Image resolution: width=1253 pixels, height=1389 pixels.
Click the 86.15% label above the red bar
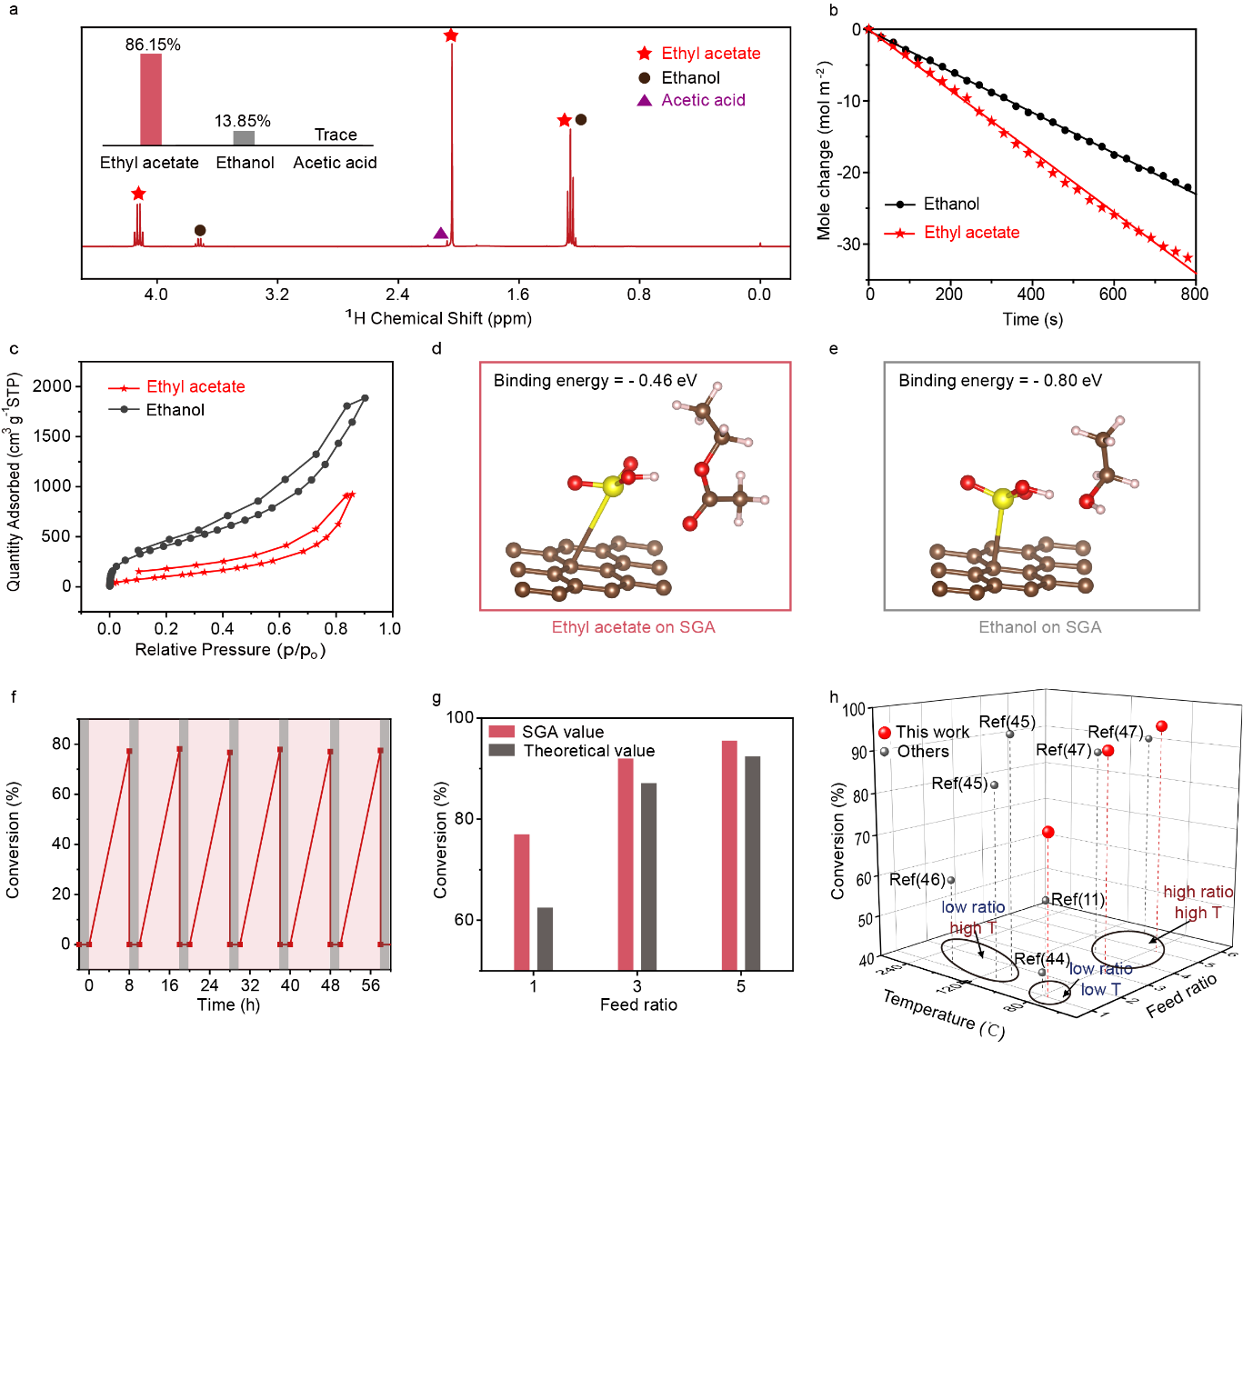tap(153, 45)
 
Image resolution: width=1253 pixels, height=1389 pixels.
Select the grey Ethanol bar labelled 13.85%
tap(244, 138)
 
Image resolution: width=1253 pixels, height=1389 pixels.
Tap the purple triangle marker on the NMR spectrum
tap(441, 234)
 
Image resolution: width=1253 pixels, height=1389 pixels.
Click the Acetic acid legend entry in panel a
tap(702, 100)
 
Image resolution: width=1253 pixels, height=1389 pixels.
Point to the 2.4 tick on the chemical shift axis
tap(397, 294)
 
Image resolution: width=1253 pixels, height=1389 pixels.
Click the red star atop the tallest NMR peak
tap(451, 35)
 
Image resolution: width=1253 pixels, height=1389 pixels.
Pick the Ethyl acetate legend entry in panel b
tap(971, 233)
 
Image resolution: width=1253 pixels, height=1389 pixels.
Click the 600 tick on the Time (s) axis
tap(1113, 294)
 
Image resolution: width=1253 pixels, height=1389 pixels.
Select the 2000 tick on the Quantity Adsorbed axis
tap(52, 386)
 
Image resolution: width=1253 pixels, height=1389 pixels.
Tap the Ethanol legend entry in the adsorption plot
tap(175, 410)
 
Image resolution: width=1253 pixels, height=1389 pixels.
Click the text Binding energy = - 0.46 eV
tap(595, 381)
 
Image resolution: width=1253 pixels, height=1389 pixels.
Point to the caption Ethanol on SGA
tap(1039, 627)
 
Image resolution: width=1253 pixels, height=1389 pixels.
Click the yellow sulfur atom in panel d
tap(613, 487)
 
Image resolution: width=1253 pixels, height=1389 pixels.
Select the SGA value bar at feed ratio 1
tap(522, 902)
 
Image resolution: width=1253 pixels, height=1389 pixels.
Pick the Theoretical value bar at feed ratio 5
tap(753, 863)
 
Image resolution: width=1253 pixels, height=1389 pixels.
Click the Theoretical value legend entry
tap(588, 751)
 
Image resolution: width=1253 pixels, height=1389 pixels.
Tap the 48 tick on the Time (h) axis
tap(330, 985)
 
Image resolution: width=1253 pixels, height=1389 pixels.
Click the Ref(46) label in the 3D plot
tap(917, 879)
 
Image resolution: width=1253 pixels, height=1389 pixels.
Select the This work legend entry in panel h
tap(931, 732)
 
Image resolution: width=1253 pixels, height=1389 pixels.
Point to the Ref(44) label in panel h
tap(1041, 959)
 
